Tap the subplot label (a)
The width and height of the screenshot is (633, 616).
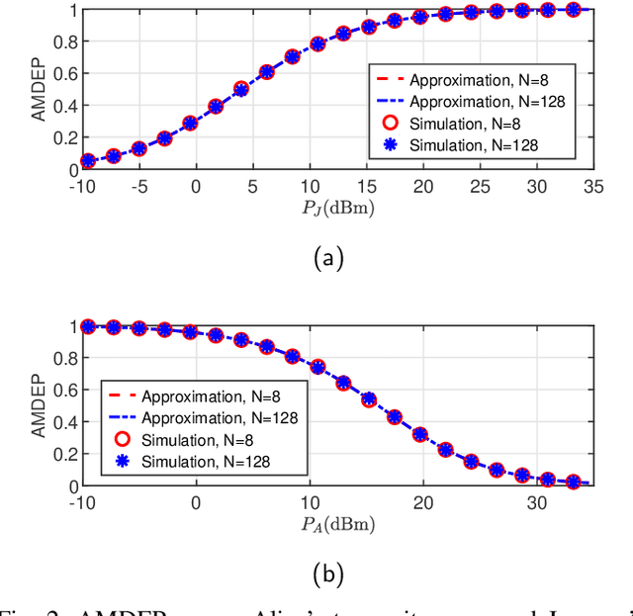tap(327, 259)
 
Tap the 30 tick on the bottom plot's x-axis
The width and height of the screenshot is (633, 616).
tap(535, 502)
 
